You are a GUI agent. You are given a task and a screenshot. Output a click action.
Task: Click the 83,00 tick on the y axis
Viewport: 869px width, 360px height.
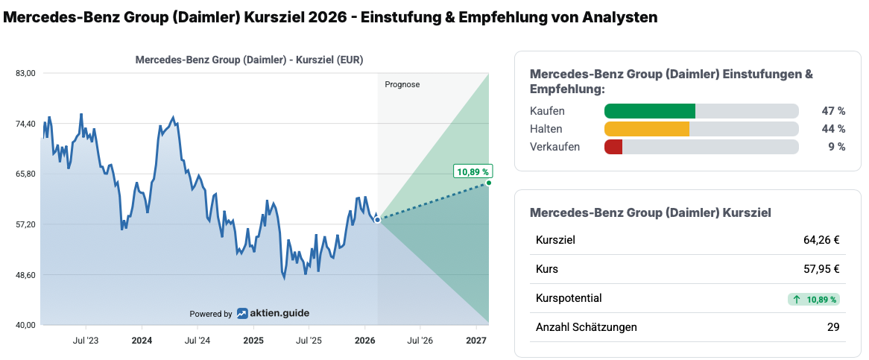(x=25, y=73)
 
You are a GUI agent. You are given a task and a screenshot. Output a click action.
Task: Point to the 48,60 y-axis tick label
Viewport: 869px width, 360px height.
(x=25, y=275)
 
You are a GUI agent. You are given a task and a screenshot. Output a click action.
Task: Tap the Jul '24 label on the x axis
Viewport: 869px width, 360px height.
(x=197, y=341)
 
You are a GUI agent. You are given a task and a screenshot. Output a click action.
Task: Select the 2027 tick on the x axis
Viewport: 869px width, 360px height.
(x=476, y=341)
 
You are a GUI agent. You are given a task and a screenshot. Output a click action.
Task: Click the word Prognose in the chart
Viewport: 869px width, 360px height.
(x=402, y=84)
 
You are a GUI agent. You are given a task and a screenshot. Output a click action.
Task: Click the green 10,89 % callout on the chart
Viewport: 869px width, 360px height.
(x=473, y=171)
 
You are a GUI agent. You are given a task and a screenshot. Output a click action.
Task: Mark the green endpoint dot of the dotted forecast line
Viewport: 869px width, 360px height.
(x=488, y=183)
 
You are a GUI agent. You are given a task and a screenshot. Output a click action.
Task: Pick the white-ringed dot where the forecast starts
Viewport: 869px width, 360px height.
(x=378, y=220)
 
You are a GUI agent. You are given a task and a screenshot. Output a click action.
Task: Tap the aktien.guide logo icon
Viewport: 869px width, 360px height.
(x=243, y=314)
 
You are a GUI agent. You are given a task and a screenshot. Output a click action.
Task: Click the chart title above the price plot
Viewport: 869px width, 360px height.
(x=249, y=60)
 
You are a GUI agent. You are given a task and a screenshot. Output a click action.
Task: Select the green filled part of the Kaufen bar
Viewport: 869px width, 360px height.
(x=650, y=111)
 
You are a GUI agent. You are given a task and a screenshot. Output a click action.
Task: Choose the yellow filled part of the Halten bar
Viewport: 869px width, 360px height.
(x=647, y=129)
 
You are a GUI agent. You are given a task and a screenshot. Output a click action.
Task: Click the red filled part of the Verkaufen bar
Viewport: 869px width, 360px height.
(x=613, y=147)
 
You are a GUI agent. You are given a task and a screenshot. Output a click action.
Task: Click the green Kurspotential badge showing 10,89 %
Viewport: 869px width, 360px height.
(x=813, y=299)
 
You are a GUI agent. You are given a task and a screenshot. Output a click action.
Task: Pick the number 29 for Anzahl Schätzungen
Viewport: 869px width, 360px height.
(x=833, y=327)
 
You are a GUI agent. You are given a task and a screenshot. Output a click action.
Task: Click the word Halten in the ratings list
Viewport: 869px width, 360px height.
(x=546, y=129)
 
